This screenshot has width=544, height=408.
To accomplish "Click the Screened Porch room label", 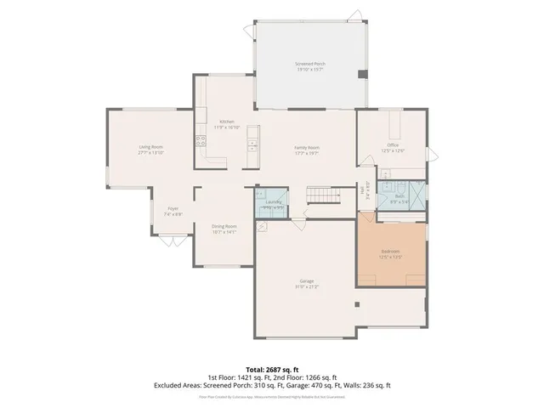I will tap(309, 65).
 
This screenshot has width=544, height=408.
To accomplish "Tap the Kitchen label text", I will tap(227, 122).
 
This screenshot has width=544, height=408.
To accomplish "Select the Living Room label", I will tap(150, 147).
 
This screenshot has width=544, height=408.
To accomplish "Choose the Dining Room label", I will tap(224, 226).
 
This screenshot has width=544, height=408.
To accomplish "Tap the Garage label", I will tap(306, 280).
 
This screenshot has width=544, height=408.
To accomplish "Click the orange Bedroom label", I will tap(391, 252).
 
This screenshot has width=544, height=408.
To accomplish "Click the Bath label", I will tap(399, 196).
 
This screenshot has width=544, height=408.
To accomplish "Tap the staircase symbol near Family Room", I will tap(323, 198).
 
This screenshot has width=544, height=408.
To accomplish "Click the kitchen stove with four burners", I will tap(201, 139).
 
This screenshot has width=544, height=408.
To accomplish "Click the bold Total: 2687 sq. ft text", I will tap(271, 370).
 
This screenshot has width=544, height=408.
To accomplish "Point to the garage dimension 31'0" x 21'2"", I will tap(306, 286).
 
